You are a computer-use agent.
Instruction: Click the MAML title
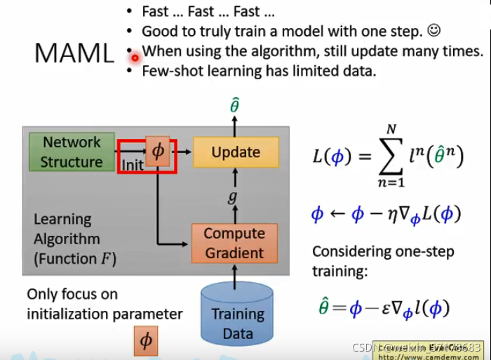point(74,53)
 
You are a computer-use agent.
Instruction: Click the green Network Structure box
point(71,152)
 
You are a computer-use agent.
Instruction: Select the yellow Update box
point(236,152)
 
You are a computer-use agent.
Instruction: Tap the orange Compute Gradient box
point(234,243)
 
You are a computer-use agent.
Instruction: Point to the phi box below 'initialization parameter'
point(146,341)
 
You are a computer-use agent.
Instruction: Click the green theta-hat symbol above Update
point(235,106)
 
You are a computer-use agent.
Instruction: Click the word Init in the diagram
point(133,165)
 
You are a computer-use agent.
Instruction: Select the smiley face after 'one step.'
point(433,31)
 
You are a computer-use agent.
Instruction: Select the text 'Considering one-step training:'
point(382,260)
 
